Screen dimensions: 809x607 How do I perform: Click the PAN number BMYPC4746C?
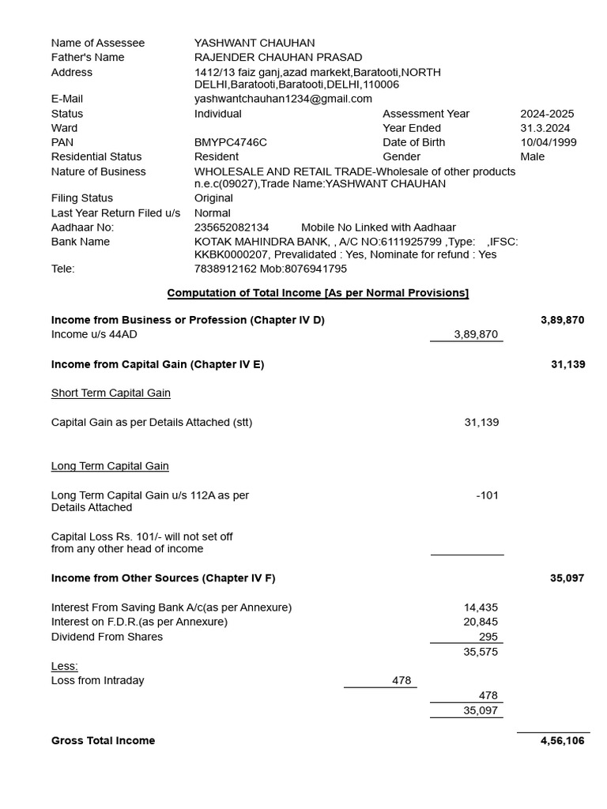pos(231,142)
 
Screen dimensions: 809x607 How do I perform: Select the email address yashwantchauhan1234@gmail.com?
pos(283,99)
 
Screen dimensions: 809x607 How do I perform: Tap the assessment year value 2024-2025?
pos(547,114)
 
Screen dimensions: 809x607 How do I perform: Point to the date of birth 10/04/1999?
pos(548,142)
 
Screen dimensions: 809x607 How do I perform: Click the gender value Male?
pos(532,156)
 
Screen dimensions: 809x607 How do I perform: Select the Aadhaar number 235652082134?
pos(232,228)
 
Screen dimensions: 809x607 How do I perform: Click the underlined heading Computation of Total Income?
pos(318,293)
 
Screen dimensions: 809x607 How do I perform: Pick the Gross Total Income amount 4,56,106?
pos(562,740)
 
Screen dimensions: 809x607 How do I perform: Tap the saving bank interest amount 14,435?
pos(481,608)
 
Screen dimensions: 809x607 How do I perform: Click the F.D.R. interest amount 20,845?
pos(481,622)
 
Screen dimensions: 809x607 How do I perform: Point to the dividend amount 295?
pos(488,637)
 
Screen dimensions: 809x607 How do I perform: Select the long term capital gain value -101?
pos(487,495)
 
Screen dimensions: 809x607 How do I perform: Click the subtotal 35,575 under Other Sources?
pos(481,652)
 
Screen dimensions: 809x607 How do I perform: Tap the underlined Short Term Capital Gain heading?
pos(111,393)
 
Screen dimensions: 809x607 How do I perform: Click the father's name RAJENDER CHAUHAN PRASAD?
pos(278,57)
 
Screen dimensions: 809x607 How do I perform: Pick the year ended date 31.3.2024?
pos(545,128)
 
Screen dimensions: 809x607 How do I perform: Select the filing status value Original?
pos(213,198)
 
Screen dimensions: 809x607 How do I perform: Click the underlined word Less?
pos(65,666)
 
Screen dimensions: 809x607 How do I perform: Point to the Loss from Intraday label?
pos(98,680)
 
